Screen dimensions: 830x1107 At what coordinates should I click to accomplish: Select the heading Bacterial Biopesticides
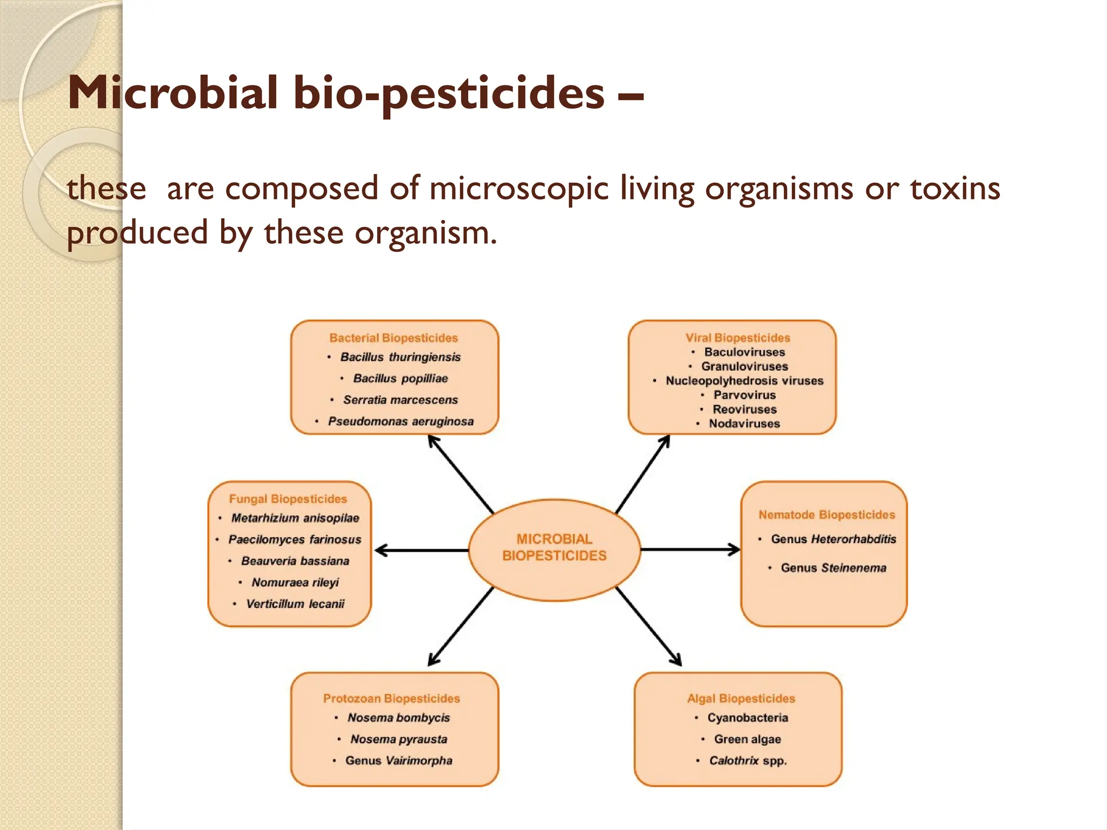coord(394,338)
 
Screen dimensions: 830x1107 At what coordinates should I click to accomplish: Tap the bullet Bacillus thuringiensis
coord(400,357)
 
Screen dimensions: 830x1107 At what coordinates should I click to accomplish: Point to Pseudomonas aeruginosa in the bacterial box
coord(401,421)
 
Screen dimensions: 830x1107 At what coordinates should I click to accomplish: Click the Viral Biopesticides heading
coord(738,338)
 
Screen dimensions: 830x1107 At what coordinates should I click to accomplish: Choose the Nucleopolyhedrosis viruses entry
coord(744,381)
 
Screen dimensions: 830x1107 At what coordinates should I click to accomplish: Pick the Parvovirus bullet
coord(744,395)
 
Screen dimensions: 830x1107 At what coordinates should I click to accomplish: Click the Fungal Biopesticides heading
coord(288,499)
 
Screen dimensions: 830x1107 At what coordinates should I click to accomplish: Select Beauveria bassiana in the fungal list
coord(295,561)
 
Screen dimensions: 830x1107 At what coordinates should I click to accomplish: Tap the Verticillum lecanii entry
coord(295,604)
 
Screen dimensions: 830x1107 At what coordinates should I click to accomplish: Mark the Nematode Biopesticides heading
coord(826,514)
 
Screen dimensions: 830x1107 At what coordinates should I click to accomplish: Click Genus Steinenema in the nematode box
coord(833,568)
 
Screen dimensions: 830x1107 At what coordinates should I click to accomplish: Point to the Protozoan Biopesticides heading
coord(391,698)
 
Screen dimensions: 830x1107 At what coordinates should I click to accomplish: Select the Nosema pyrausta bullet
coord(398,739)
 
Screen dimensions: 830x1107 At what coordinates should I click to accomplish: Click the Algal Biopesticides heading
coord(741,698)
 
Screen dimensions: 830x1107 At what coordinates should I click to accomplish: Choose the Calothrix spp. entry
coord(748,761)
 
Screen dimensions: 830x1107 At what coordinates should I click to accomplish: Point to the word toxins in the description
coord(955,189)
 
